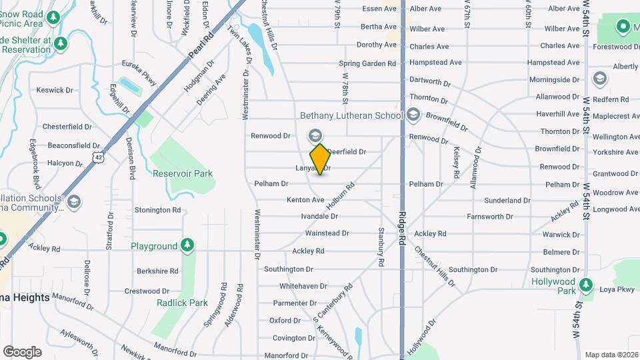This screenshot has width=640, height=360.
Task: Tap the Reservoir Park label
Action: tap(182, 173)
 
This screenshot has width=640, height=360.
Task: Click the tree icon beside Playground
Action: tap(189, 246)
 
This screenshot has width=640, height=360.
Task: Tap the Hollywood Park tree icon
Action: tap(586, 285)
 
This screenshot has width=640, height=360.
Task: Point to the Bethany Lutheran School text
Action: tap(351, 116)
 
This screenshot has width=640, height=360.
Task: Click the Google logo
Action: tap(22, 352)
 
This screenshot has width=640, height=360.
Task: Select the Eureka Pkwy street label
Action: tap(139, 73)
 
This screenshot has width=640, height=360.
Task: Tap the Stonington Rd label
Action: tap(157, 210)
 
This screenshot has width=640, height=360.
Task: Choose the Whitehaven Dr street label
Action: tap(303, 286)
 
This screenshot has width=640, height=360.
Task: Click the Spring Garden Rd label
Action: tap(367, 64)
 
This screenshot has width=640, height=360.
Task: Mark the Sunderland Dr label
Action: tap(507, 200)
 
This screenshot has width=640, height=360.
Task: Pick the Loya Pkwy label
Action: tap(617, 290)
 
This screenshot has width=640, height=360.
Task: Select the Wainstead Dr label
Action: tap(327, 233)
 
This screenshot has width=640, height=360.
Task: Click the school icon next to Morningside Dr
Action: tap(599, 79)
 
